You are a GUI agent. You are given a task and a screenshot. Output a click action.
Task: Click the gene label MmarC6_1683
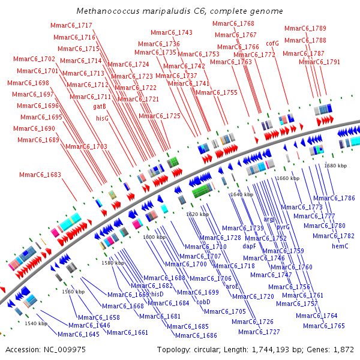click(40, 175)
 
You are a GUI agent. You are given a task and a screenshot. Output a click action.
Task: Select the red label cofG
click(272, 43)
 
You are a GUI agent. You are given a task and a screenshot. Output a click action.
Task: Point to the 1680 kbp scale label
click(335, 166)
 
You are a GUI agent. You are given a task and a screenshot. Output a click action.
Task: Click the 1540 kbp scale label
click(36, 323)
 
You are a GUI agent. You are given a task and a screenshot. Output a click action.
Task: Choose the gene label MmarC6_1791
click(319, 62)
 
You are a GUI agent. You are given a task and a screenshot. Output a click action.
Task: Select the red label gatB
click(100, 106)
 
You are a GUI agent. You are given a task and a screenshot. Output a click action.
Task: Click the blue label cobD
click(203, 302)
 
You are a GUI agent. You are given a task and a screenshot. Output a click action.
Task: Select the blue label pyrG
click(283, 227)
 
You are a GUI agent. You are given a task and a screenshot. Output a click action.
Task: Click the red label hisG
click(102, 119)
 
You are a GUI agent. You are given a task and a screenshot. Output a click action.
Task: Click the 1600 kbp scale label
click(154, 237)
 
